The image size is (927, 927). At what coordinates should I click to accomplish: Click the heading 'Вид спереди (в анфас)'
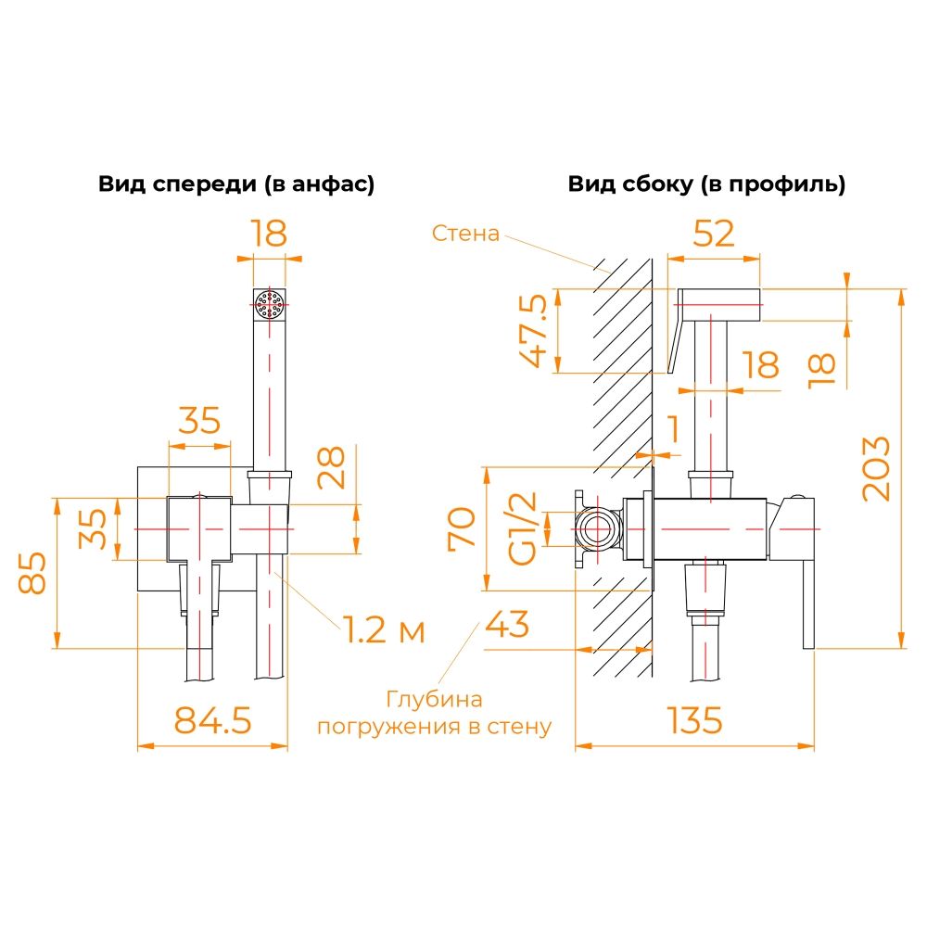pyautogui.click(x=236, y=184)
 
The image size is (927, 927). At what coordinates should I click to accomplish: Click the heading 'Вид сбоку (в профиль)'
pyautogui.click(x=706, y=184)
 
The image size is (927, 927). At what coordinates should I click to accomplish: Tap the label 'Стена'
pyautogui.click(x=465, y=233)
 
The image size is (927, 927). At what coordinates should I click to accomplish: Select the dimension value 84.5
pyautogui.click(x=212, y=720)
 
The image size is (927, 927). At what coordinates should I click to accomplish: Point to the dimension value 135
pyautogui.click(x=694, y=720)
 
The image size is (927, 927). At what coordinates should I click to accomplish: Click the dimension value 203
pyautogui.click(x=876, y=469)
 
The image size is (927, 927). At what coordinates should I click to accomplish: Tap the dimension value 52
pyautogui.click(x=714, y=233)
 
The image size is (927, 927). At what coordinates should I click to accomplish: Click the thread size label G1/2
pyautogui.click(x=523, y=528)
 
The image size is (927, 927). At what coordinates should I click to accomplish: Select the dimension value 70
pyautogui.click(x=462, y=528)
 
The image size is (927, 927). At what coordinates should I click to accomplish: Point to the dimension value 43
pyautogui.click(x=507, y=624)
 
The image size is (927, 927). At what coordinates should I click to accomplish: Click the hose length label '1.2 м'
pyautogui.click(x=384, y=629)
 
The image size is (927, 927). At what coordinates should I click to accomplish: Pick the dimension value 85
pyautogui.click(x=32, y=572)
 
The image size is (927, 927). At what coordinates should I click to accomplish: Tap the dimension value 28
pyautogui.click(x=331, y=467)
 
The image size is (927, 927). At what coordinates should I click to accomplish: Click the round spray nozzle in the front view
pyautogui.click(x=269, y=304)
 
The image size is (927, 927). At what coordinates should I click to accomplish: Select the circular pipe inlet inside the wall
pyautogui.click(x=598, y=528)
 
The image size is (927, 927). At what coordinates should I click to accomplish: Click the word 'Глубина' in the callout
pyautogui.click(x=435, y=699)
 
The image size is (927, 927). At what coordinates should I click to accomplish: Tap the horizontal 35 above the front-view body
pyautogui.click(x=199, y=420)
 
